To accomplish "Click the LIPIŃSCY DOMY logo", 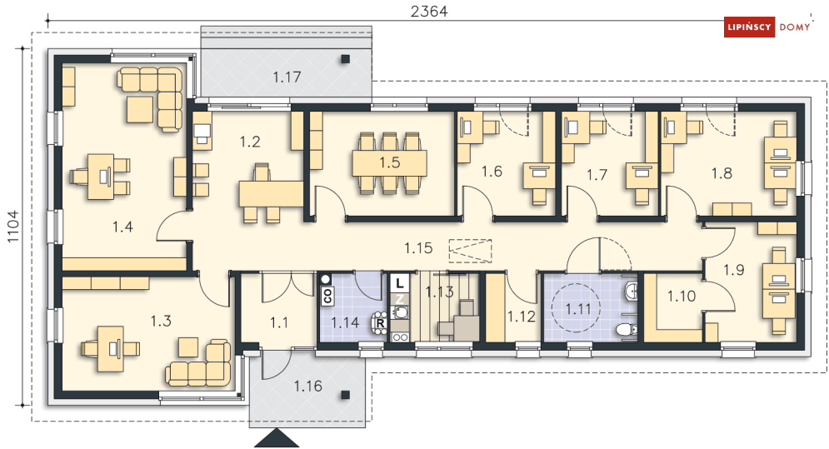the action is tap(767, 27).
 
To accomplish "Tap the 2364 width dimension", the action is tap(429, 11).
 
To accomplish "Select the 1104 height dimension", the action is tap(12, 227).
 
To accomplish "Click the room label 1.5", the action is tap(390, 163).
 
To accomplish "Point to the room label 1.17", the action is tap(287, 77).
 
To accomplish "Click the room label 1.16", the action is tap(307, 386).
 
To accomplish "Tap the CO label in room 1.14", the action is tap(327, 296).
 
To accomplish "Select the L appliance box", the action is tap(400, 283).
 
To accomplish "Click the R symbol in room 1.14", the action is tap(381, 322).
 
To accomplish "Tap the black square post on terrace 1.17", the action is tap(345, 59).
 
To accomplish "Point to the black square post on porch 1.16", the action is tap(345, 394).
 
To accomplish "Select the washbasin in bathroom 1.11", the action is tap(631, 291).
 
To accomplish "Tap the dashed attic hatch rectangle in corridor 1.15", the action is tap(470, 251).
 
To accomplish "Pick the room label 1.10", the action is tap(681, 297).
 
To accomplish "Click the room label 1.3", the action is tap(161, 321).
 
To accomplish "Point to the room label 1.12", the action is tap(522, 317).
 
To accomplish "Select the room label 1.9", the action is tap(734, 270).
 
